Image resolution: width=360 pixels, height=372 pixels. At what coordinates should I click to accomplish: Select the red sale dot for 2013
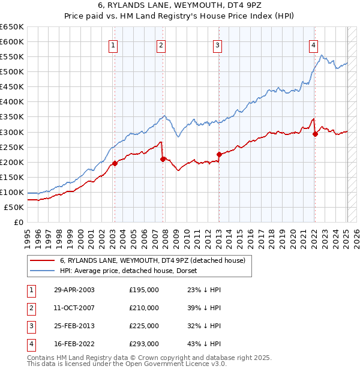point(219,154)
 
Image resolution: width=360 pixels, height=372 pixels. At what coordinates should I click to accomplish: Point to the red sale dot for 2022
point(315,134)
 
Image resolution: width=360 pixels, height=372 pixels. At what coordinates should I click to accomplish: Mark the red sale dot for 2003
point(115,163)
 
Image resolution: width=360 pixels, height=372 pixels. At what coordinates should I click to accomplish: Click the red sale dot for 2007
point(163,159)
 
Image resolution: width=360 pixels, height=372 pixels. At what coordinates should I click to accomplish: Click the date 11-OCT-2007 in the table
point(74,308)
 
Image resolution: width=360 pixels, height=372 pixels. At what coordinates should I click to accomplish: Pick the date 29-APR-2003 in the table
point(74,290)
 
